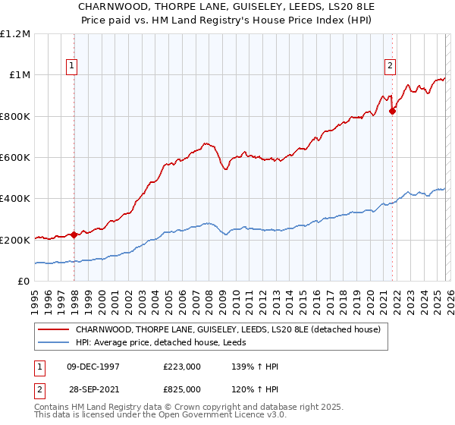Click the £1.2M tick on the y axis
(15, 33)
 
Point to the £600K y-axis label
(15, 158)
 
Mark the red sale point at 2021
(392, 112)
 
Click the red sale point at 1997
(74, 235)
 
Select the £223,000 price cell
(181, 367)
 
